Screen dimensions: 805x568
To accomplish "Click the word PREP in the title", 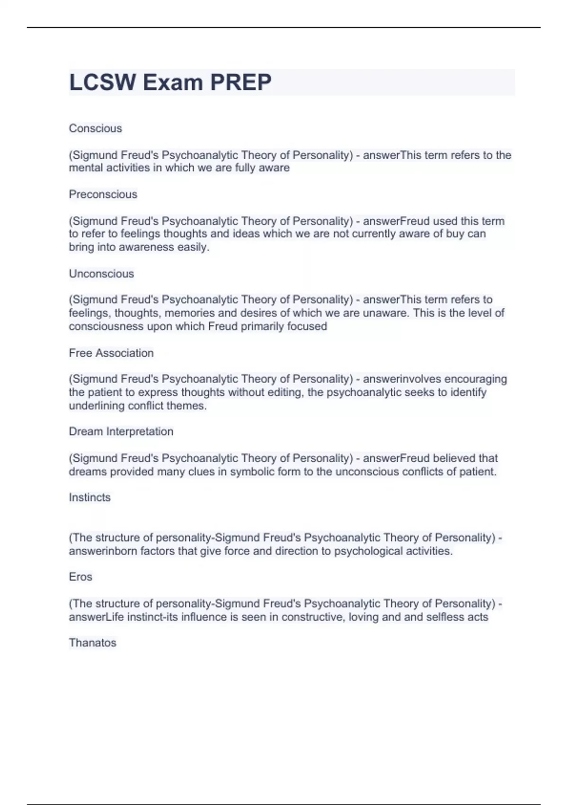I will point(241,82).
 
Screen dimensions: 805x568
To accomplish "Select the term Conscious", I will point(96,128).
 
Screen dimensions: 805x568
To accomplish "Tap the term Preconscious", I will point(103,194).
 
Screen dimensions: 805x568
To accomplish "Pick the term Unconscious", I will point(101,274).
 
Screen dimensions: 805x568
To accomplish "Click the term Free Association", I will point(111,353).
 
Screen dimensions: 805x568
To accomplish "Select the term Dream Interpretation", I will point(121,431).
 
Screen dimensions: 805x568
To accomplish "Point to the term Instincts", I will point(89,497).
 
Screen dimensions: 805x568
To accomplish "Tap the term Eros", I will point(80,577).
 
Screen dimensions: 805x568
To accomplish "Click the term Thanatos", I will point(93,643).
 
